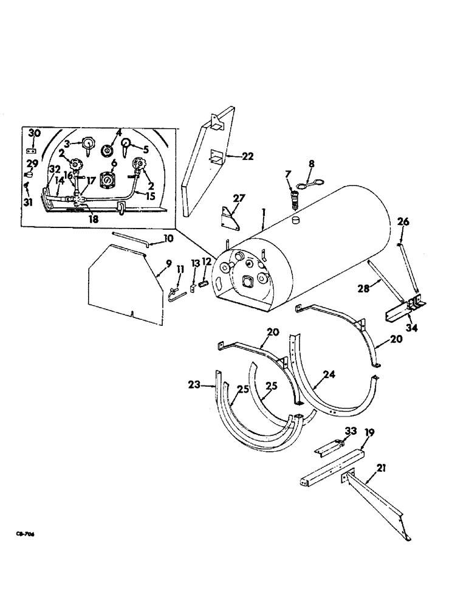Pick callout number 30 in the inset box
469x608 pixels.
(x=35, y=133)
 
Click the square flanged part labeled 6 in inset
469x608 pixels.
(x=107, y=181)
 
